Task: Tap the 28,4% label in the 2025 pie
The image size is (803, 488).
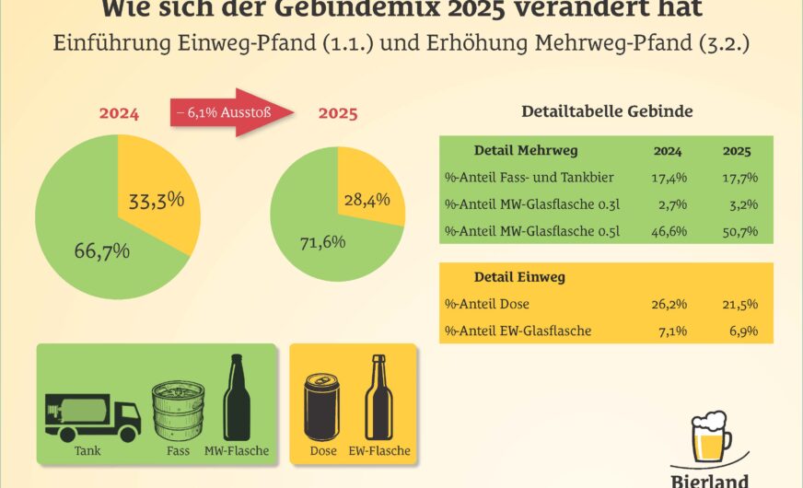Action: (x=360, y=198)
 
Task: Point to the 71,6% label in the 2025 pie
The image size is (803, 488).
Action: (x=322, y=242)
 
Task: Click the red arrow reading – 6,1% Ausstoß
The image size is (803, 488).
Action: (x=230, y=113)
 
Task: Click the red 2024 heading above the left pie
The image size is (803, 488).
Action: (x=119, y=115)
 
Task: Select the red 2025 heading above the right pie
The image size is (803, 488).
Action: (x=338, y=115)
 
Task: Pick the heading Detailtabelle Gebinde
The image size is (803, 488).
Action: (x=607, y=111)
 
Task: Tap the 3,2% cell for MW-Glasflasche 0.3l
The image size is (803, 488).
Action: (x=740, y=204)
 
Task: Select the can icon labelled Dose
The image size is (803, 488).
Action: (x=322, y=407)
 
